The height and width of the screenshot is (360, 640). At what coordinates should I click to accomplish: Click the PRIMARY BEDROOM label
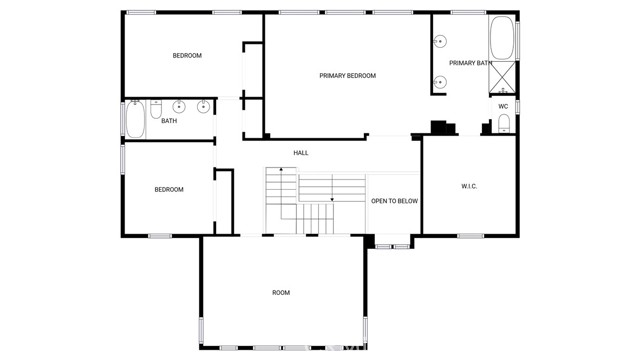pyautogui.click(x=347, y=76)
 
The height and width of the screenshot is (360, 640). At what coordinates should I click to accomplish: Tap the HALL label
pyautogui.click(x=301, y=153)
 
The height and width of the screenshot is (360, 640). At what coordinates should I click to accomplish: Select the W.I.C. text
pyautogui.click(x=469, y=186)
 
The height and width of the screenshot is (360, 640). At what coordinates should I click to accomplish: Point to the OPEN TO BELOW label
pyautogui.click(x=394, y=201)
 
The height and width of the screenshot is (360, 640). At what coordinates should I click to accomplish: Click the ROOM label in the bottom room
pyautogui.click(x=281, y=293)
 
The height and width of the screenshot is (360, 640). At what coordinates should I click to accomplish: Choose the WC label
pyautogui.click(x=503, y=107)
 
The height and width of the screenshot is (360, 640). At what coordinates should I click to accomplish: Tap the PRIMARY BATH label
pyautogui.click(x=471, y=63)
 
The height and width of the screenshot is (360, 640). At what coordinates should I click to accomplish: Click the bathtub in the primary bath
pyautogui.click(x=502, y=38)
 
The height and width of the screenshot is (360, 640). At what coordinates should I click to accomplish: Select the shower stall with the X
pyautogui.click(x=502, y=78)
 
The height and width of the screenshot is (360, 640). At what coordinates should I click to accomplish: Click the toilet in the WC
pyautogui.click(x=504, y=123)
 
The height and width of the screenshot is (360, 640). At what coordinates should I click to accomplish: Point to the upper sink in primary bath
pyautogui.click(x=440, y=41)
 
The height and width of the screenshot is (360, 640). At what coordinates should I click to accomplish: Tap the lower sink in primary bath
pyautogui.click(x=440, y=82)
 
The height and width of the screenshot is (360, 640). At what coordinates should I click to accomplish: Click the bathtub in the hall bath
pyautogui.click(x=135, y=119)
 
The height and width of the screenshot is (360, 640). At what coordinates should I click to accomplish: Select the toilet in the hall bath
pyautogui.click(x=156, y=109)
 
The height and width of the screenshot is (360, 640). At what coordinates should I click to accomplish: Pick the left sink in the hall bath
pyautogui.click(x=179, y=107)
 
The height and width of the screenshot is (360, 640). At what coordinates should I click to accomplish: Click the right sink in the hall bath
pyautogui.click(x=203, y=107)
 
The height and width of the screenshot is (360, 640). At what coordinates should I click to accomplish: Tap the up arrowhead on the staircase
pyautogui.click(x=281, y=169)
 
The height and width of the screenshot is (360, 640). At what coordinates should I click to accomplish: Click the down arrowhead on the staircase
pyautogui.click(x=332, y=200)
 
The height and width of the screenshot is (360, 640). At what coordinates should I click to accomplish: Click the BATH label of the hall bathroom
pyautogui.click(x=169, y=121)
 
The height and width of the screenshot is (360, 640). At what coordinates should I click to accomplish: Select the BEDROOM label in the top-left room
pyautogui.click(x=187, y=56)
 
